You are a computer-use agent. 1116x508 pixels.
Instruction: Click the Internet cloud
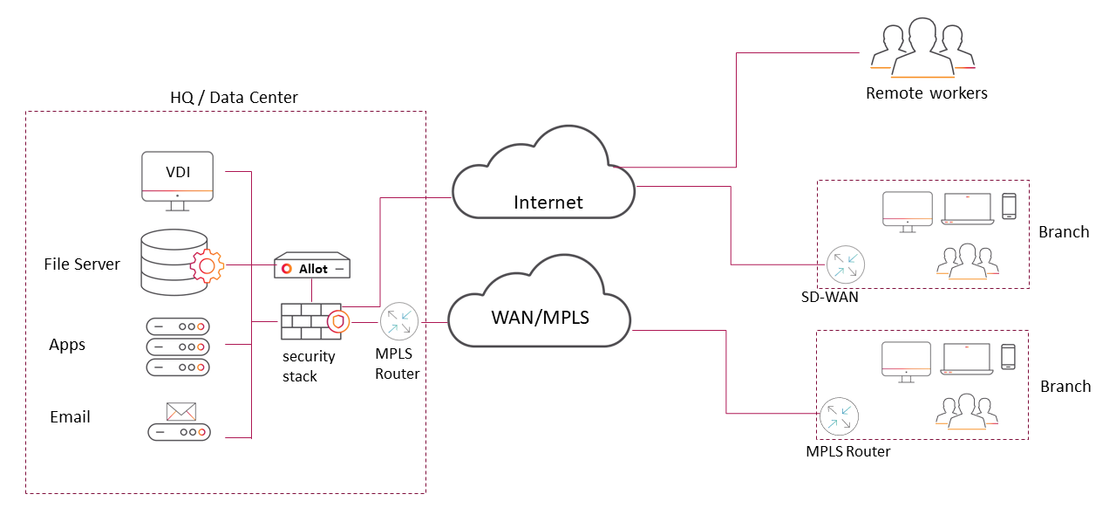pos(545,179)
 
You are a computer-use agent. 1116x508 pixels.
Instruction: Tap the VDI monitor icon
pos(178,179)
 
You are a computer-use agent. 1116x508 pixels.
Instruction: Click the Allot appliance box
pos(312,267)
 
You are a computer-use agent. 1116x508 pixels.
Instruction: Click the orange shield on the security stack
pos(339,322)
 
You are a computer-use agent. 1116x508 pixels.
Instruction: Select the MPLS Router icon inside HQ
pos(398,321)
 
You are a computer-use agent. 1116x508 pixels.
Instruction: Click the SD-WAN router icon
pos(845,264)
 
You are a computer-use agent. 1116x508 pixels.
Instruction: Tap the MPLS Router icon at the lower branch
pos(839,415)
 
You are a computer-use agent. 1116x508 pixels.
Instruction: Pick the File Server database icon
pos(174,263)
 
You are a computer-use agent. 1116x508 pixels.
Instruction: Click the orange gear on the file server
pos(207,264)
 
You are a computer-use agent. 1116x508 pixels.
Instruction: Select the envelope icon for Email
pos(180,411)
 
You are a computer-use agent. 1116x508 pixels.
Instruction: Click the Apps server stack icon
pos(178,346)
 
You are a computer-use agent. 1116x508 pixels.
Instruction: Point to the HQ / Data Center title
pos(234,97)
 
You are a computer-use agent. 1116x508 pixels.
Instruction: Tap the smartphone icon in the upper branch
pos(1009,206)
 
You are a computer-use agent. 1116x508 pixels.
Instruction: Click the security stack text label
pos(308,366)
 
